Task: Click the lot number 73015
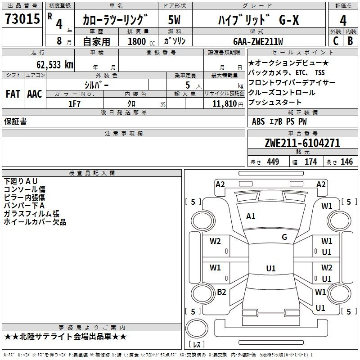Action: (22, 18)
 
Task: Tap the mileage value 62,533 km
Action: (55, 65)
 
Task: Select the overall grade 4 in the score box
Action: (343, 21)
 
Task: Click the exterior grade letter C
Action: (336, 41)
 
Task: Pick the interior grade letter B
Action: (350, 41)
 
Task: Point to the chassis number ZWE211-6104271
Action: (302, 143)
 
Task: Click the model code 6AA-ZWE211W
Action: (258, 41)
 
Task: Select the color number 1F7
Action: (74, 104)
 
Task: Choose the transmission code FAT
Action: (13, 94)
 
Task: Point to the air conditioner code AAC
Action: (35, 94)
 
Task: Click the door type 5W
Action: (174, 20)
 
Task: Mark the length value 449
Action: (273, 162)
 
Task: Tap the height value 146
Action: (346, 162)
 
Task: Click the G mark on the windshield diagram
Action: (284, 237)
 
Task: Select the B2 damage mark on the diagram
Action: (221, 292)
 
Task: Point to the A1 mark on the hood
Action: (251, 216)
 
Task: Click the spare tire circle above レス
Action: (197, 328)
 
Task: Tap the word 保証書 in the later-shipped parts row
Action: (15, 121)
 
